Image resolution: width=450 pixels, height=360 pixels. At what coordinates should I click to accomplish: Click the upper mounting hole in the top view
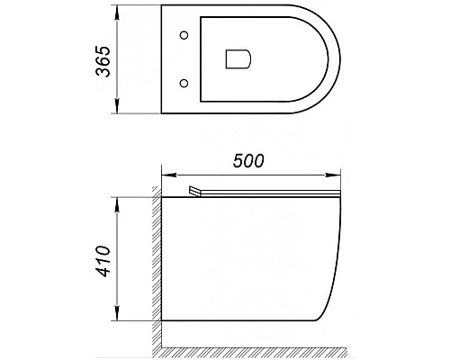186,36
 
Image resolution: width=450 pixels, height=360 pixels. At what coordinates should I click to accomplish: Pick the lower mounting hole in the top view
186,84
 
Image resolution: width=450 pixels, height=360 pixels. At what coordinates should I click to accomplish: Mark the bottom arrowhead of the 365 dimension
116,111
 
